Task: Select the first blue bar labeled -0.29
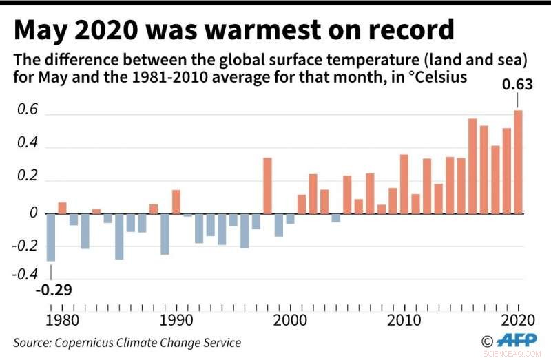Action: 50,237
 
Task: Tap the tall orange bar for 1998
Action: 267,186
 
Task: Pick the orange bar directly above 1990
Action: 176,202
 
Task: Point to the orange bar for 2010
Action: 404,184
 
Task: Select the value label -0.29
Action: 53,289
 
